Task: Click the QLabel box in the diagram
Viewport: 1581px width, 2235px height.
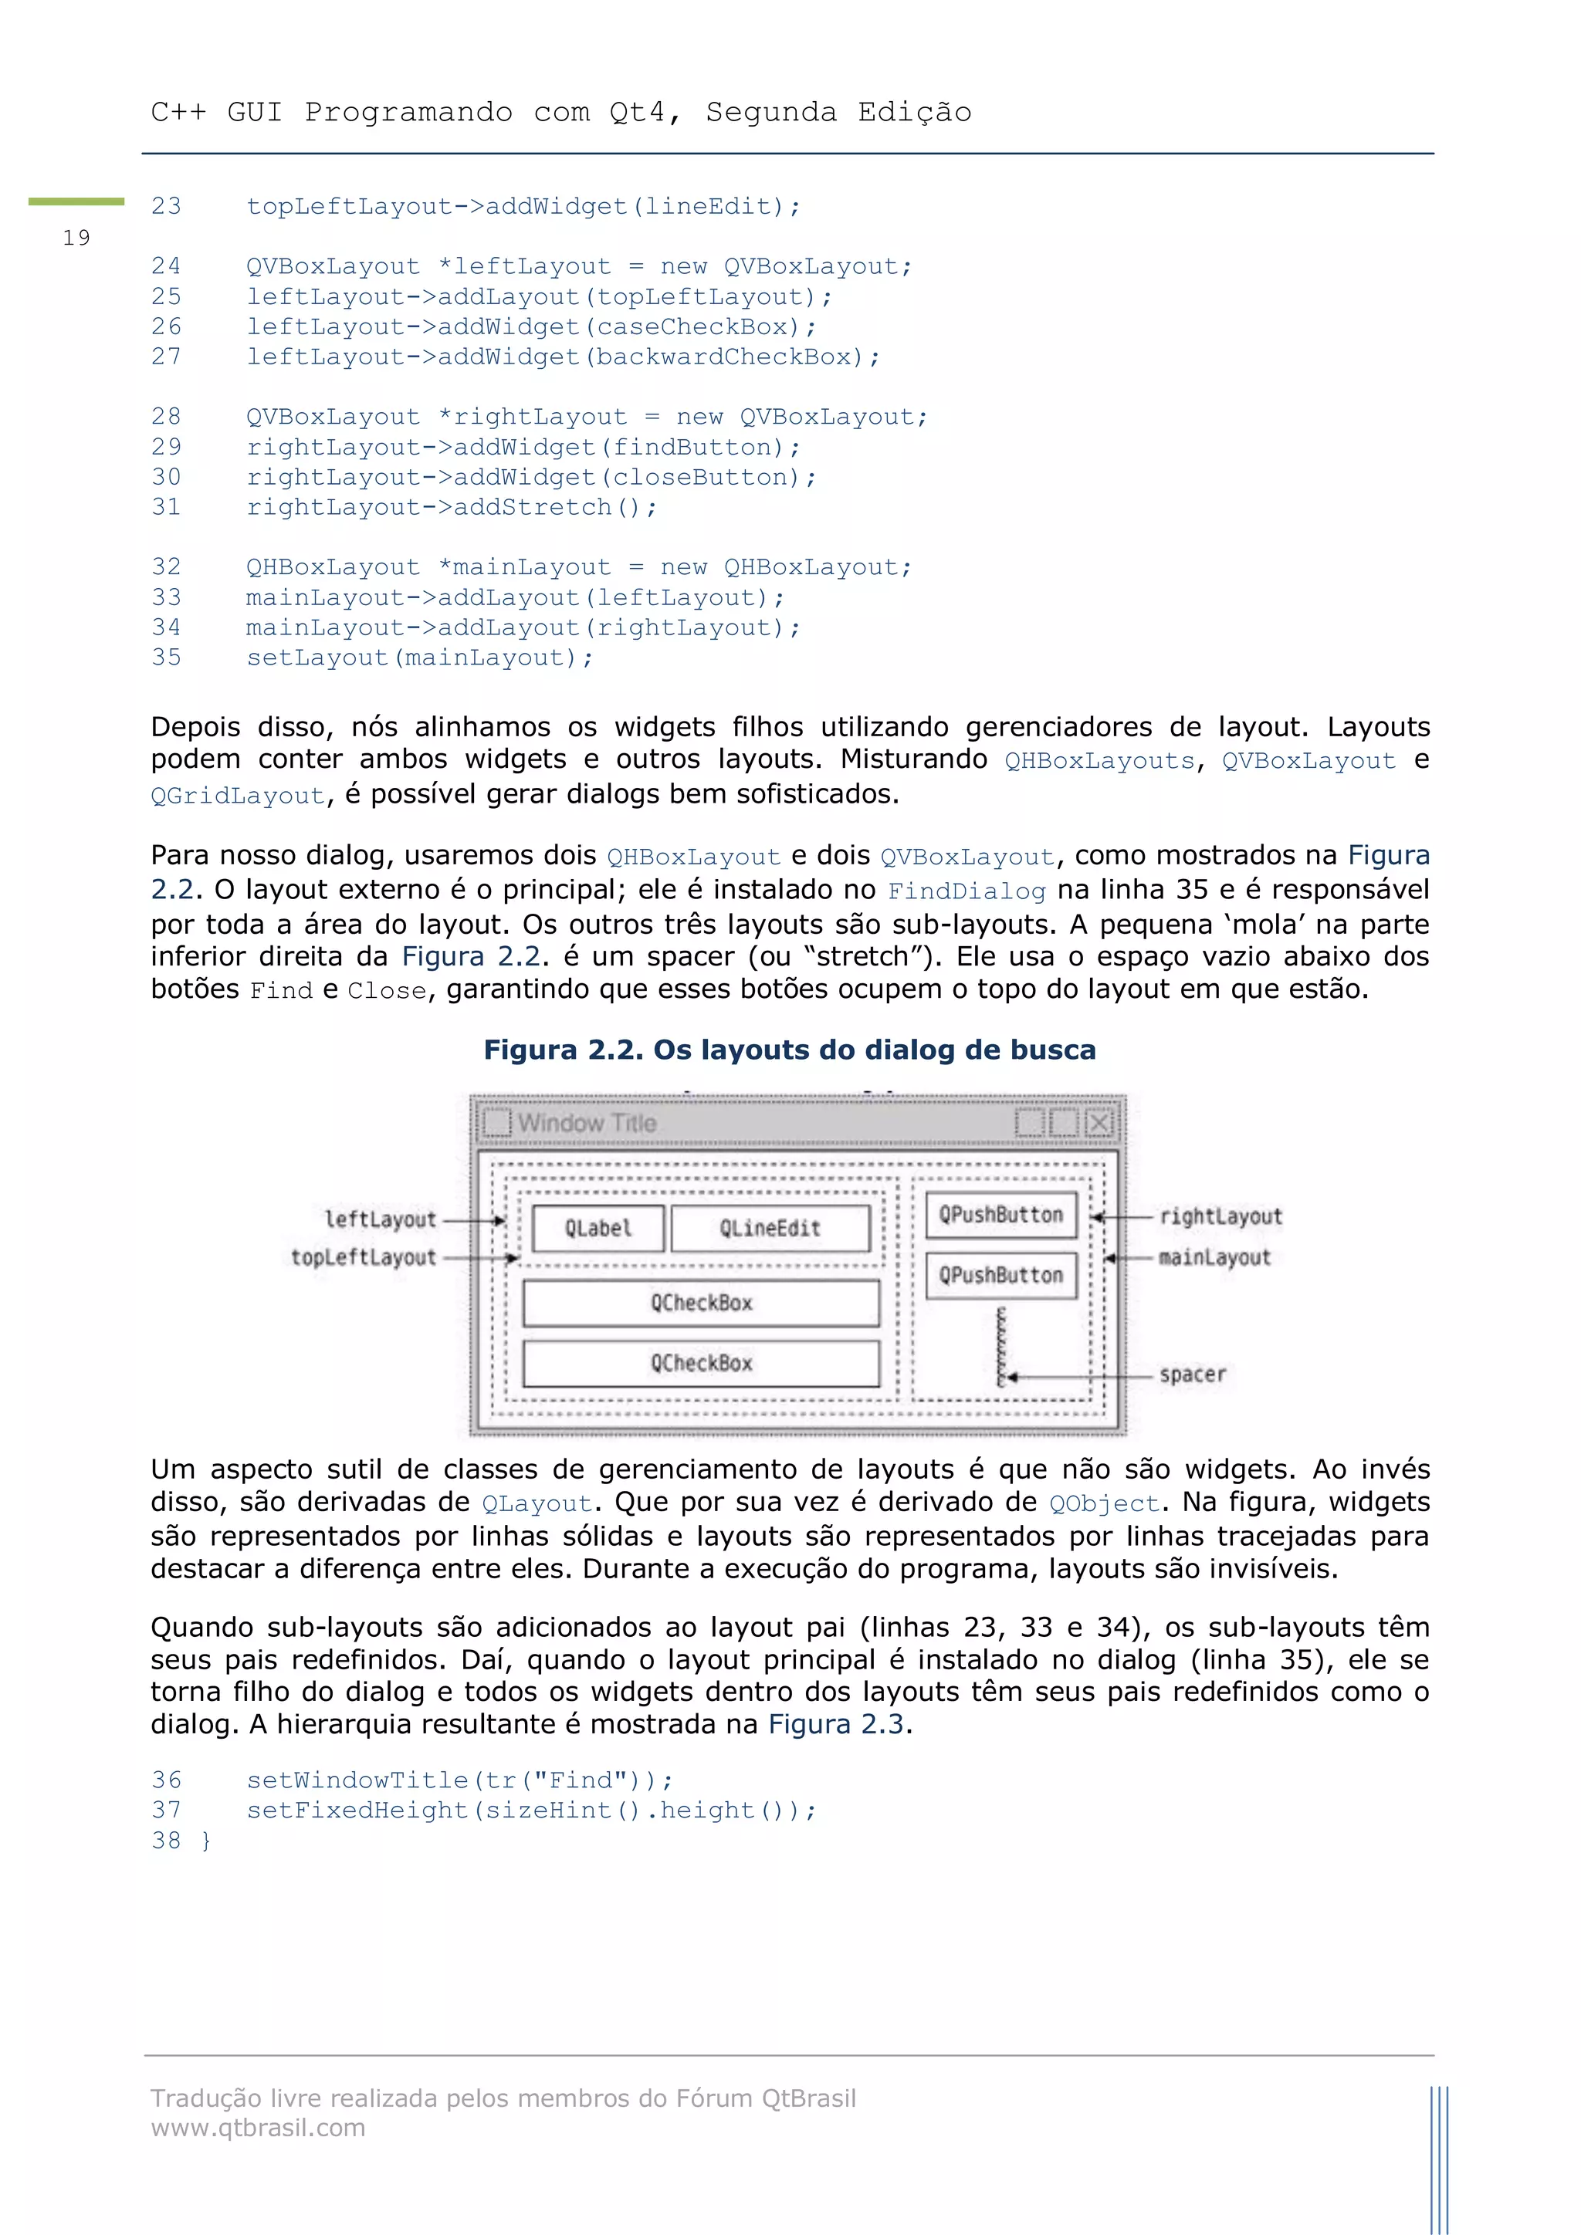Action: [598, 1229]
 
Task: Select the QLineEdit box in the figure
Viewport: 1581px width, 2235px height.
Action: [770, 1229]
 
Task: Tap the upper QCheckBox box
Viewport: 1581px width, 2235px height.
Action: [701, 1303]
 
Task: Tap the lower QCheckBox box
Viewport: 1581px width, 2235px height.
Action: [701, 1364]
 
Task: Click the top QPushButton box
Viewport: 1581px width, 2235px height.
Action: [1000, 1215]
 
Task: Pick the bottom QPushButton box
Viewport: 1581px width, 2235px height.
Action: [1000, 1275]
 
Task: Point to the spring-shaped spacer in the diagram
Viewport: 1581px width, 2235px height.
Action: [1000, 1347]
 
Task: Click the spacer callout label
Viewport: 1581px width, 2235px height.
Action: [1192, 1375]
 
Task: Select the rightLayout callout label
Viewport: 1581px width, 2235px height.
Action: [1220, 1217]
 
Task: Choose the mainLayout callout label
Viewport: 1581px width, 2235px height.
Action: [1214, 1258]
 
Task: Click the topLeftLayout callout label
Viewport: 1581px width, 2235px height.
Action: [363, 1258]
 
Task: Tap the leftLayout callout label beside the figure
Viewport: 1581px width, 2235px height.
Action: [380, 1219]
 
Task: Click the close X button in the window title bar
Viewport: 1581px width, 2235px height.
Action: [1099, 1122]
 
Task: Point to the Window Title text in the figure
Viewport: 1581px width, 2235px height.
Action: [586, 1122]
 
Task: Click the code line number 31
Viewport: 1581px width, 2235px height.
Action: [167, 507]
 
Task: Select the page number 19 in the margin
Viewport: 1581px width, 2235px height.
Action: [76, 238]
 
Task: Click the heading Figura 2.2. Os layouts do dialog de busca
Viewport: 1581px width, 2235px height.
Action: [790, 1050]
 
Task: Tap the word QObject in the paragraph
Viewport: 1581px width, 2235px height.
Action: [1104, 1504]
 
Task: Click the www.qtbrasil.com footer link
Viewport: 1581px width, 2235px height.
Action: [258, 2127]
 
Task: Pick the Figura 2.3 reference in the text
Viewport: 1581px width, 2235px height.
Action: [836, 1724]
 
